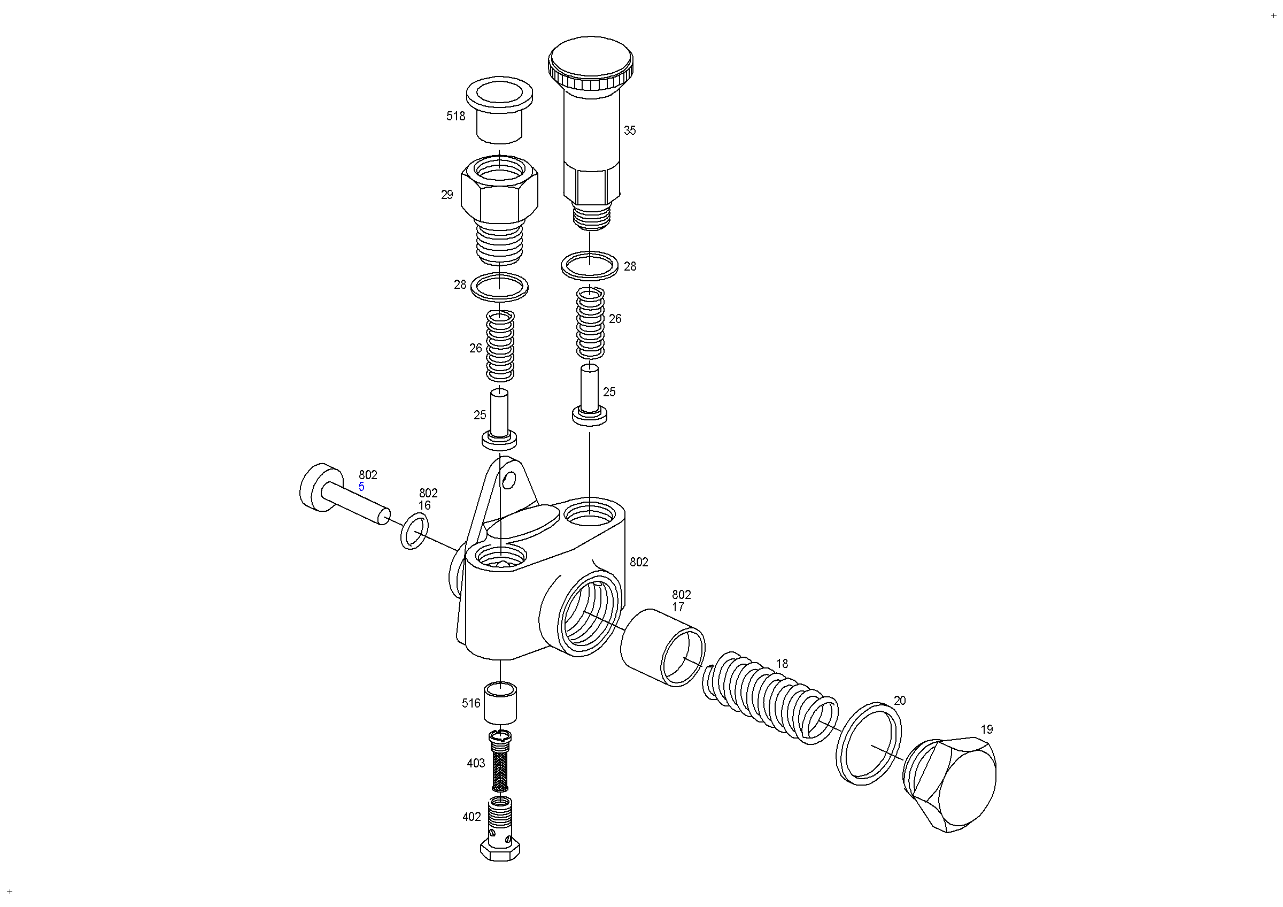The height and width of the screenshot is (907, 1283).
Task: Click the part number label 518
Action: (x=455, y=116)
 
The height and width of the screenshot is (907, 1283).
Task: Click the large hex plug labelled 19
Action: (x=949, y=785)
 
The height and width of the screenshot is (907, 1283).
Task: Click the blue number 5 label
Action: (x=361, y=487)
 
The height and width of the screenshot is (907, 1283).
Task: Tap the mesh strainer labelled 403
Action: (x=500, y=762)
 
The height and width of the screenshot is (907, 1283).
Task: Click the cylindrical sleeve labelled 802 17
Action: (x=663, y=647)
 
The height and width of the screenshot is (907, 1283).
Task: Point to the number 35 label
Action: (x=630, y=131)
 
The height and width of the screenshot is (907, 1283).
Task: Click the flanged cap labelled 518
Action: (x=499, y=110)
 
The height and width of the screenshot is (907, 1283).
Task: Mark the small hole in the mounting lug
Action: (x=509, y=479)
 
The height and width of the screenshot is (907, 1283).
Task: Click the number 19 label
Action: (x=987, y=729)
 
